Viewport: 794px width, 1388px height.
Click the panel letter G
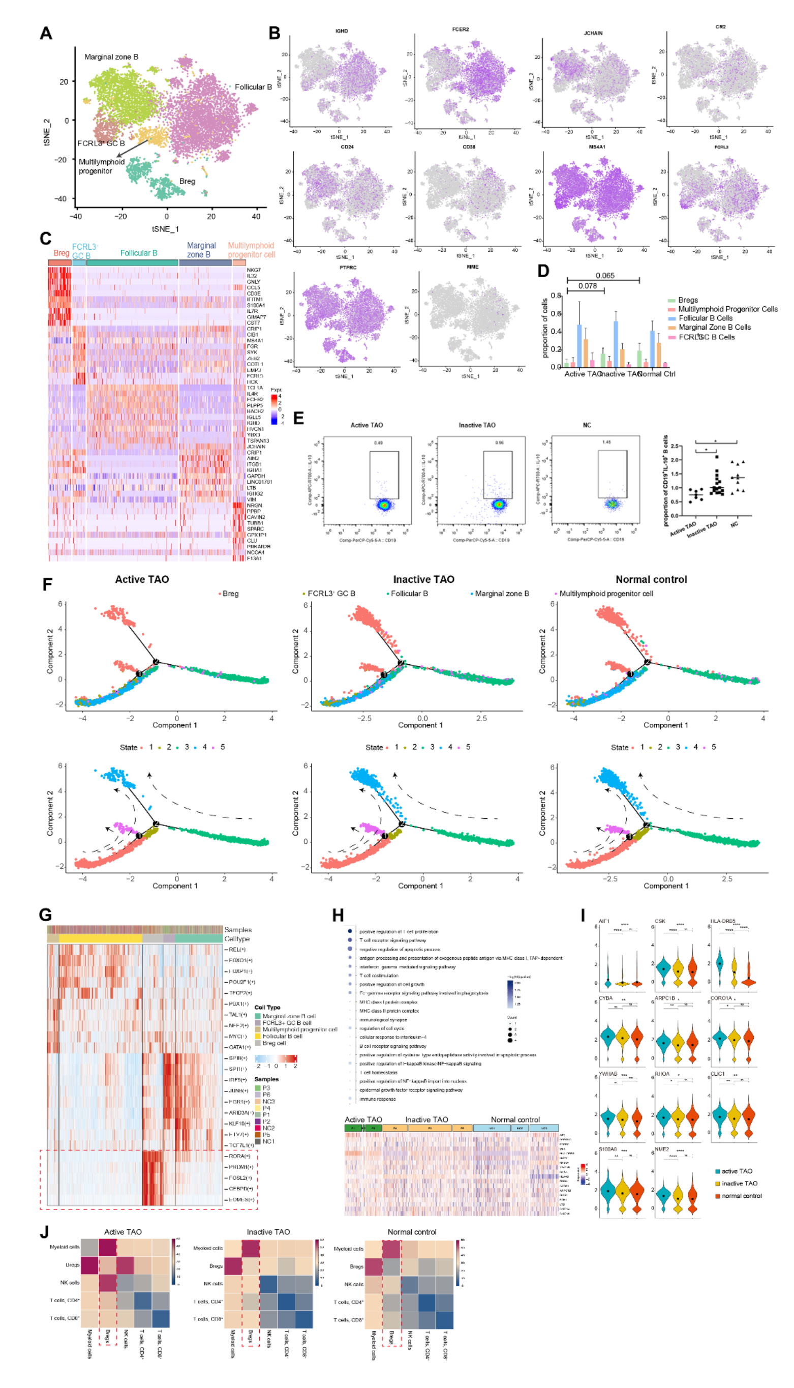point(45,915)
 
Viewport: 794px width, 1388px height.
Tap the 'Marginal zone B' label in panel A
point(111,57)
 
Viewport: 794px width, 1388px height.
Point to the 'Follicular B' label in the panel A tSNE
point(253,87)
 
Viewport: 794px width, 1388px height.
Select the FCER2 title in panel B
point(460,29)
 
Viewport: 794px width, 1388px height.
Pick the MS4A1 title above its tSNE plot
point(597,147)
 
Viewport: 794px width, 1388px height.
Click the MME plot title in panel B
point(472,267)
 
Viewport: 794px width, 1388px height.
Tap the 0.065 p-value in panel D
point(605,276)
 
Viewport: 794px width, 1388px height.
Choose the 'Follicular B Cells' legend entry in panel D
point(705,318)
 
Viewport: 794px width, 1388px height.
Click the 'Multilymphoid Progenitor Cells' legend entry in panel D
point(727,309)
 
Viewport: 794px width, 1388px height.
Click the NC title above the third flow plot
point(587,425)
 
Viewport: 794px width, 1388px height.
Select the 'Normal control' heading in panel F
point(651,579)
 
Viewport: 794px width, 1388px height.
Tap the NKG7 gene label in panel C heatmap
point(254,270)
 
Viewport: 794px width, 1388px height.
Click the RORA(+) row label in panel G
point(239,1156)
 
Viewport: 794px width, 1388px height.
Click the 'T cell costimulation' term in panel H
point(379,976)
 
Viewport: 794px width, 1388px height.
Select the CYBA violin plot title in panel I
point(606,998)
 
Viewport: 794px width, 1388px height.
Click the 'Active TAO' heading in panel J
point(123,1231)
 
